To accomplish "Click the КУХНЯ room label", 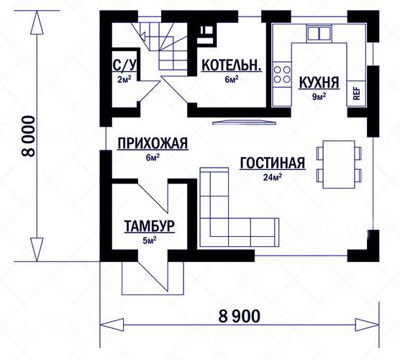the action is [x=319, y=83].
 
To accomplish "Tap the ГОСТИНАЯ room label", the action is [x=273, y=163].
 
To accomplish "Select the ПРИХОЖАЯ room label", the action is [x=153, y=143].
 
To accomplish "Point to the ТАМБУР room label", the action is [x=150, y=226].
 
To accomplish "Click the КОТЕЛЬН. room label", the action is [x=232, y=66].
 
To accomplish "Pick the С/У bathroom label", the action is [x=124, y=65].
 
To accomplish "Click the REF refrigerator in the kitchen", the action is [x=356, y=94].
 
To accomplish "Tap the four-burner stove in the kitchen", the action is [x=282, y=74].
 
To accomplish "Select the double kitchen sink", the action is [x=319, y=33].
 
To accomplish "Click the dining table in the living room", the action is [x=339, y=164].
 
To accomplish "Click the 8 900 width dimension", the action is [x=240, y=316].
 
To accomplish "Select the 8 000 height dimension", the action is [x=28, y=136].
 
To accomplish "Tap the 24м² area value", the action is [x=273, y=177].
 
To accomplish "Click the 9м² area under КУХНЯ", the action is [x=319, y=96].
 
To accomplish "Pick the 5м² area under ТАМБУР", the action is [x=150, y=240].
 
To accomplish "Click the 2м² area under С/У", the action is [x=124, y=79].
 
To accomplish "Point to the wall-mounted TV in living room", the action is [x=245, y=122].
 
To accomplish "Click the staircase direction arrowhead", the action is [x=142, y=36].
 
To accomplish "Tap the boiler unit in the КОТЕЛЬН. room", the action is [x=205, y=35].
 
